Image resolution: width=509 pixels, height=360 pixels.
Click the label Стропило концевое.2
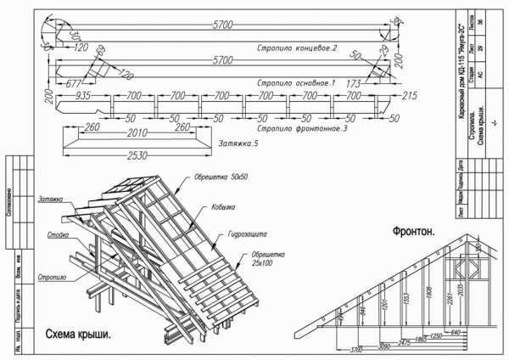click(297, 48)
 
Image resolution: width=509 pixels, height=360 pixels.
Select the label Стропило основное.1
click(297, 83)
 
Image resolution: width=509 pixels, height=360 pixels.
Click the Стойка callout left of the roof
click(58, 234)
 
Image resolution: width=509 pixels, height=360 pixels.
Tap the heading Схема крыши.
click(77, 334)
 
